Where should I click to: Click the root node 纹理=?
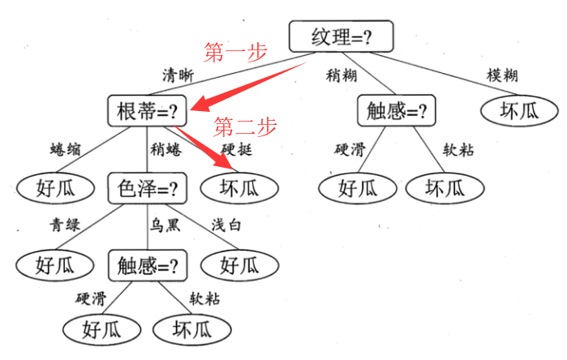tap(341, 37)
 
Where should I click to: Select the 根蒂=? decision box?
tap(148, 111)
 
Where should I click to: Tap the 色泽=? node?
tap(148, 188)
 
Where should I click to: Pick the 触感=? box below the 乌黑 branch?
tap(148, 264)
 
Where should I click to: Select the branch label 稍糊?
tap(341, 75)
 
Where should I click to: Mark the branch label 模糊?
tap(502, 75)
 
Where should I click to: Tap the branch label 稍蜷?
tap(165, 149)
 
